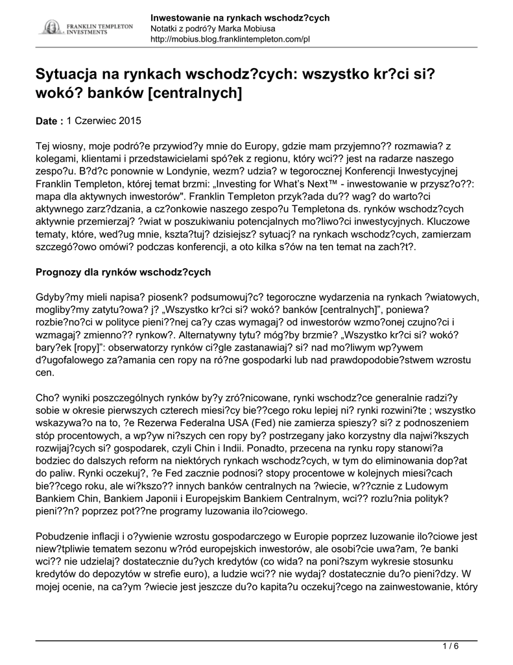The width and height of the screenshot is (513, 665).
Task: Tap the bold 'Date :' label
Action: tap(49, 121)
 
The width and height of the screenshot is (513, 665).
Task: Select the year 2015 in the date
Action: tap(130, 121)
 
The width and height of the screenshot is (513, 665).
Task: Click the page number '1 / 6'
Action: tap(450, 646)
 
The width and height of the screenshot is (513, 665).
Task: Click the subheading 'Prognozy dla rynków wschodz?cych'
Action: tap(123, 271)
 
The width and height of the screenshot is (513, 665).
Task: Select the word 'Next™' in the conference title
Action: tap(315, 184)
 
